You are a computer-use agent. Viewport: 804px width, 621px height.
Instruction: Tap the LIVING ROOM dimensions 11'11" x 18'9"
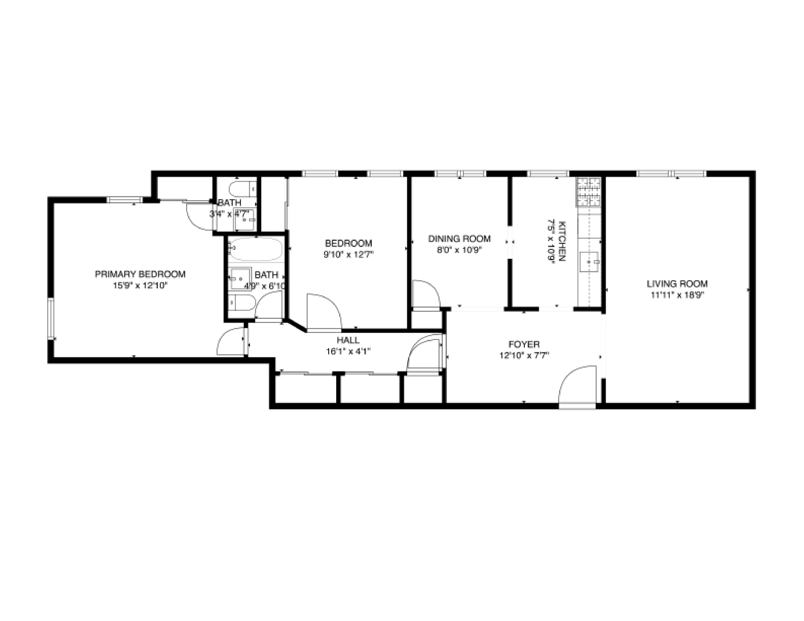pos(677,295)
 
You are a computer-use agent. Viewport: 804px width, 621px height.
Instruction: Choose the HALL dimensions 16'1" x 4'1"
pos(348,351)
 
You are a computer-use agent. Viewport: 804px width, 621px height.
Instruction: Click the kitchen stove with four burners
pos(589,192)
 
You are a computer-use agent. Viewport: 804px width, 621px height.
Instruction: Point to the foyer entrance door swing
pos(577,385)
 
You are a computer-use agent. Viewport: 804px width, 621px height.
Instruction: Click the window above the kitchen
pos(547,173)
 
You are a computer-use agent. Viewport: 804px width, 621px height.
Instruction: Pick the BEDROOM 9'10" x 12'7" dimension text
pos(348,254)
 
